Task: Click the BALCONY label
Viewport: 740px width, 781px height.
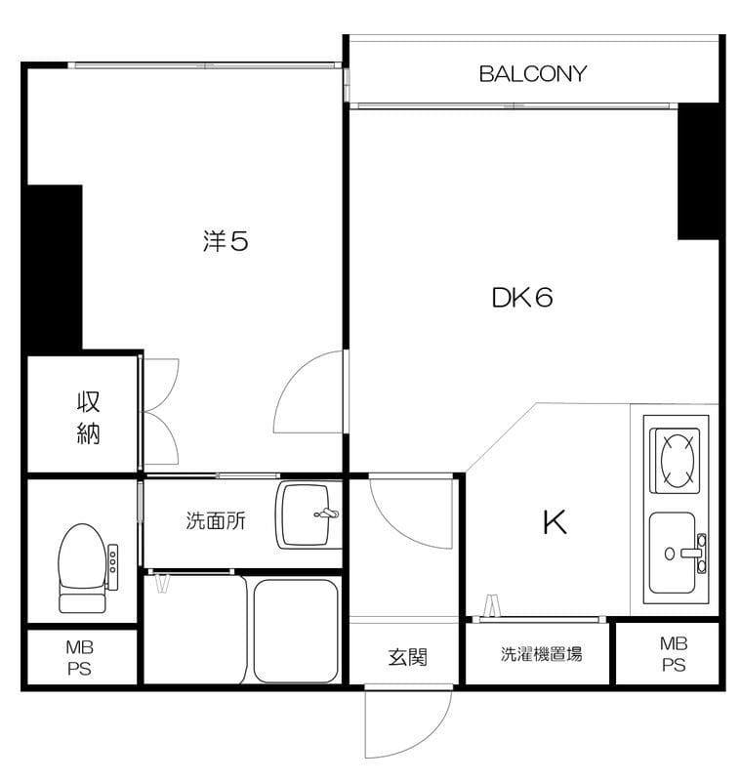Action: coord(532,74)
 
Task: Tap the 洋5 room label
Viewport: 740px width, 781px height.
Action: coord(226,240)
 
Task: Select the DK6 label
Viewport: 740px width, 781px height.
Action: coord(522,298)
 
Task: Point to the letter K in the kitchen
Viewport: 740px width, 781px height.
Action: coord(555,522)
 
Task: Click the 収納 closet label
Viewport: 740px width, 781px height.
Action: coord(89,418)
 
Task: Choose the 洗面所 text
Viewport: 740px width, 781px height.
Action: coord(215,520)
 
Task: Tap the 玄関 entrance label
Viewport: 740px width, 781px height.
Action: coord(407,657)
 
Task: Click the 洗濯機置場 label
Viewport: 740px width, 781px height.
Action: coord(541,654)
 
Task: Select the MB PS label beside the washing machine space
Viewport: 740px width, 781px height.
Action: coord(674,654)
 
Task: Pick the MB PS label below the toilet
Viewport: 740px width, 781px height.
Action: coord(80,657)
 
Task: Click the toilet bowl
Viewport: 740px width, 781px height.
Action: coord(83,567)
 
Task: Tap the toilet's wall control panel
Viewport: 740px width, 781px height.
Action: coord(113,567)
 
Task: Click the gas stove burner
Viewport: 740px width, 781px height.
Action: coord(678,460)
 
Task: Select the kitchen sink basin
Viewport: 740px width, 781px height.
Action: coord(673,553)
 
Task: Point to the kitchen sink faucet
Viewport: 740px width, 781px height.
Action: coord(695,553)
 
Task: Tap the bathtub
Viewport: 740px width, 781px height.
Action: coord(297,631)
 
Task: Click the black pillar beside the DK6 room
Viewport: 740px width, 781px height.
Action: coord(698,172)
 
